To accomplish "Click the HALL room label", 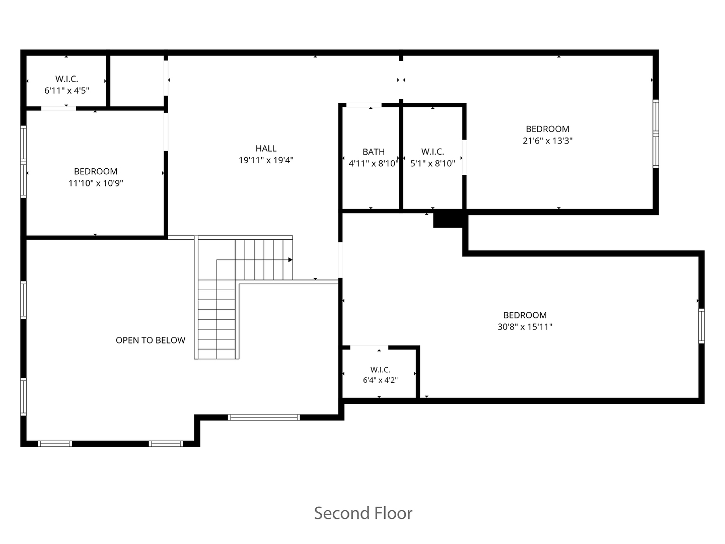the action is coord(266,148).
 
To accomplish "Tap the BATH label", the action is coord(374,152).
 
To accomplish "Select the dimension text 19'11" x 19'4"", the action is coord(266,160).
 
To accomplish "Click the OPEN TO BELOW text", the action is coord(150,340).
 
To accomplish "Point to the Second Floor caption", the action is coord(363,513).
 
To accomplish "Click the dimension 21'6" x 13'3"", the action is coord(547,141).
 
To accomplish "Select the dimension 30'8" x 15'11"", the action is coord(525,327).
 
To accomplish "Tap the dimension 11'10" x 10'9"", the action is coord(96,183).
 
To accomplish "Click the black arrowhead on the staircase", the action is coord(291,259).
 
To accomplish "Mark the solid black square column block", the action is coord(448,219).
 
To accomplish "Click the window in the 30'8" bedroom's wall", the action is coord(701,326).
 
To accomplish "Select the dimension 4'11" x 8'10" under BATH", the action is coord(374,164).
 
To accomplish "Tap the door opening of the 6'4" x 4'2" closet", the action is coord(369,347).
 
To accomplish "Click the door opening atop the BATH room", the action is coord(364,105).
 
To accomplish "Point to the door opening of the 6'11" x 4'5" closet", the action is coord(58,108).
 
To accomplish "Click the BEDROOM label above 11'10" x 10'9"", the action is coord(96,171).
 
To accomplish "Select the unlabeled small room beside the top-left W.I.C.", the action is coord(137,81).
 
